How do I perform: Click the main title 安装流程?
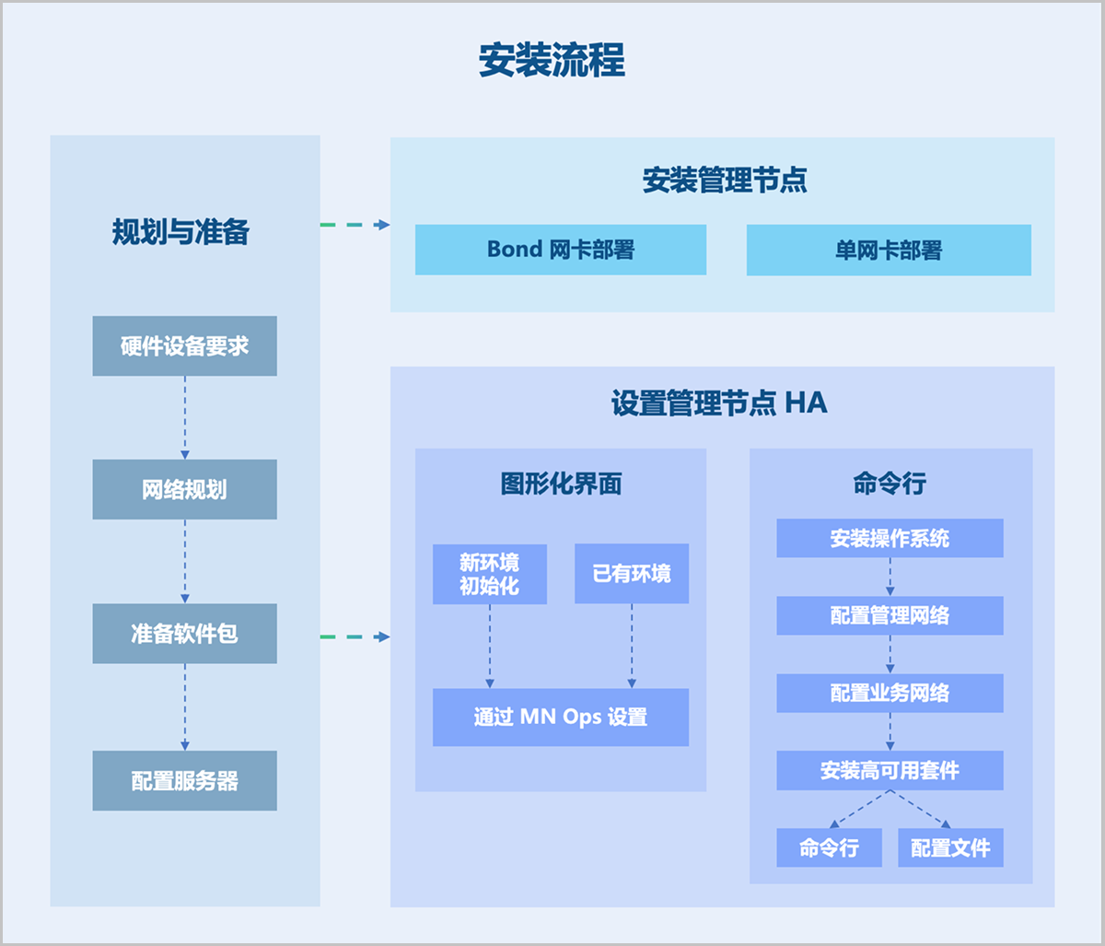[552, 61]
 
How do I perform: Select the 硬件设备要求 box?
[184, 346]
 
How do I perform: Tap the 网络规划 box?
[184, 489]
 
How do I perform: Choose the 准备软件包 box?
[184, 634]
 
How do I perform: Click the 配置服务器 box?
[184, 781]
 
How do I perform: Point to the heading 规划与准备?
[180, 232]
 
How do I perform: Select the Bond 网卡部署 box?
[560, 250]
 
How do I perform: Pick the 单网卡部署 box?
[888, 251]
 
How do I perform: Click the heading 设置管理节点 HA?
[719, 403]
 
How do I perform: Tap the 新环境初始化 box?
[489, 574]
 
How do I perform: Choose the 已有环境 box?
[631, 574]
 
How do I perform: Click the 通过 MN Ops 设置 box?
[560, 717]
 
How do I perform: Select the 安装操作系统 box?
[890, 538]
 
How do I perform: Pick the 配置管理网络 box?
[890, 615]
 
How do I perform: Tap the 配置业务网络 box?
[890, 693]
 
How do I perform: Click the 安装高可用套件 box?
[890, 770]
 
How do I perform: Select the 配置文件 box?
[950, 847]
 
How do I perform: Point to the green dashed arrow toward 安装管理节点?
[355, 225]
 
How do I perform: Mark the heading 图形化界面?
[561, 484]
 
